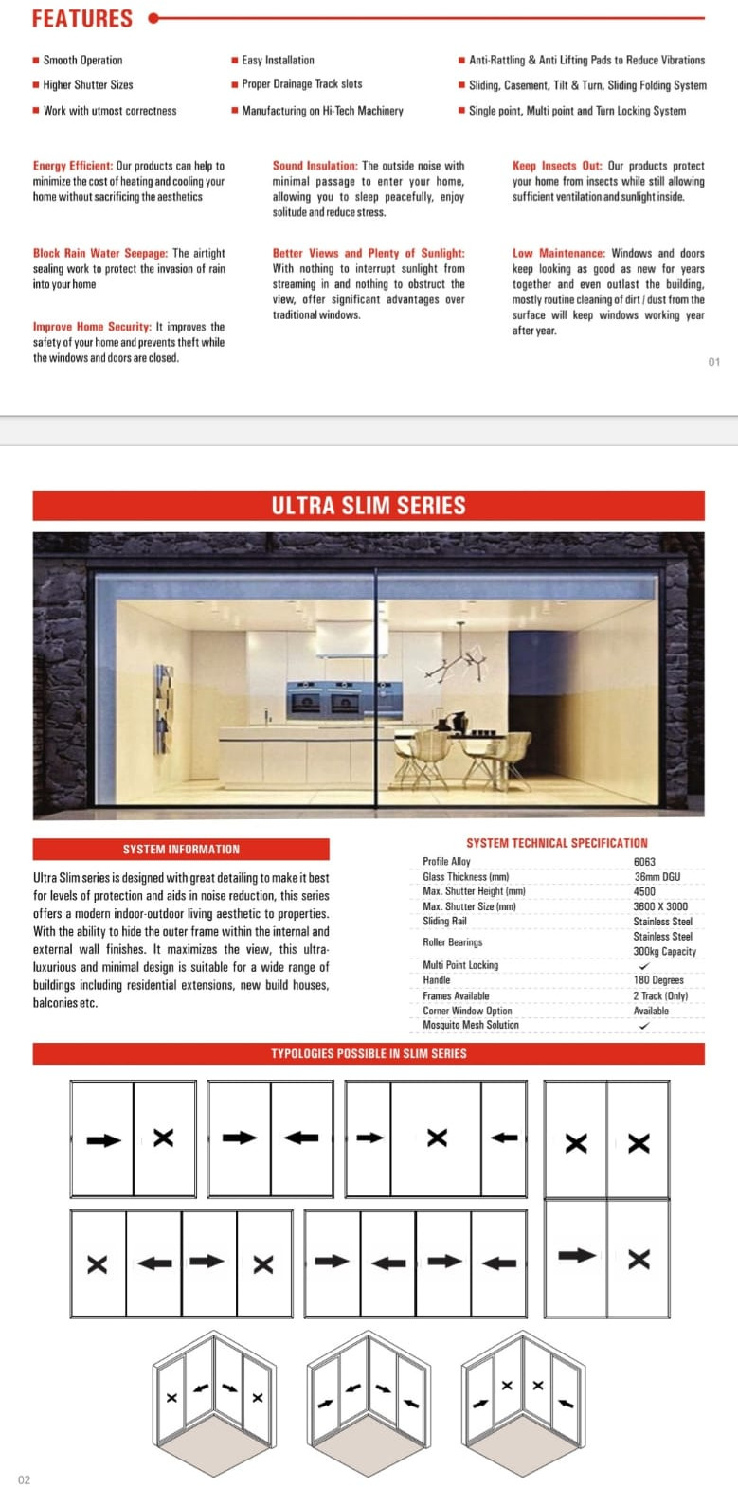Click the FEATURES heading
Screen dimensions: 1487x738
pyautogui.click(x=82, y=18)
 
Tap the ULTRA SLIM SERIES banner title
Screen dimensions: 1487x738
pyautogui.click(x=369, y=506)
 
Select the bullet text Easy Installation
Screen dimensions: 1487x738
pyautogui.click(x=278, y=60)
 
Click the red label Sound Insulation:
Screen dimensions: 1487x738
pyautogui.click(x=315, y=166)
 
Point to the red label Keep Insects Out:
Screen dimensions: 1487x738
pyautogui.click(x=557, y=166)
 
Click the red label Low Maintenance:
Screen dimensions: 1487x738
pyautogui.click(x=559, y=253)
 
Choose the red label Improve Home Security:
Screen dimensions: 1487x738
pyautogui.click(x=92, y=327)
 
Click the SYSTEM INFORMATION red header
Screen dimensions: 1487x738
pyautogui.click(x=181, y=850)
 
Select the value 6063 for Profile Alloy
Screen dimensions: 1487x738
pyautogui.click(x=644, y=862)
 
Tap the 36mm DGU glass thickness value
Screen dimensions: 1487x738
pyautogui.click(x=657, y=877)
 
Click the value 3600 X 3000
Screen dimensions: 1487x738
pyautogui.click(x=660, y=906)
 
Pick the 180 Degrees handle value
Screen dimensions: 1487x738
pyautogui.click(x=658, y=980)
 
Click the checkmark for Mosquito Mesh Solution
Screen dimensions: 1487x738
pyautogui.click(x=644, y=1026)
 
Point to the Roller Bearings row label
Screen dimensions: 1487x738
pyautogui.click(x=452, y=942)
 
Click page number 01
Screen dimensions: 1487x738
pyautogui.click(x=713, y=362)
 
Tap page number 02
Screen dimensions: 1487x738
pyautogui.click(x=25, y=1479)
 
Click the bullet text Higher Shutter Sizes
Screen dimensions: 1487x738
pyautogui.click(x=88, y=85)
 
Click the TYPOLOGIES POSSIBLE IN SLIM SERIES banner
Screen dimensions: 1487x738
pyautogui.click(x=369, y=1053)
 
